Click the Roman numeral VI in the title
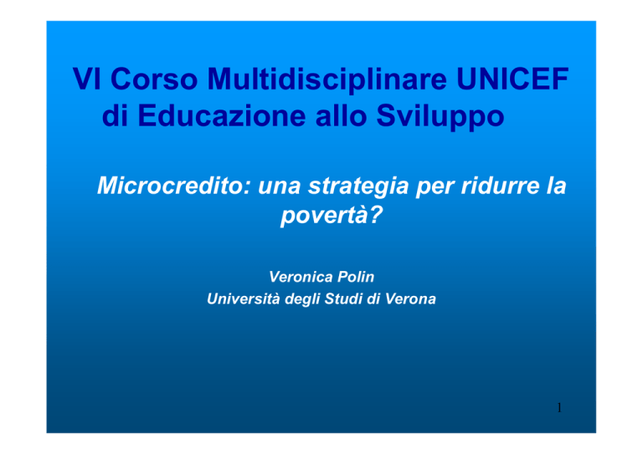86,79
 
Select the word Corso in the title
154,79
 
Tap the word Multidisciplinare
327,79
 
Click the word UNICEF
512,79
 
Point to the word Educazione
221,115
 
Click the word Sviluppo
440,116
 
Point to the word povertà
324,215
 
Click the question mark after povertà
375,213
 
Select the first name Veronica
301,277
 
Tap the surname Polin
356,277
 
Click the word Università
244,298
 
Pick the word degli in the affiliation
302,299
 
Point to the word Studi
343,298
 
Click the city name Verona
410,299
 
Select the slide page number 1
559,407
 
